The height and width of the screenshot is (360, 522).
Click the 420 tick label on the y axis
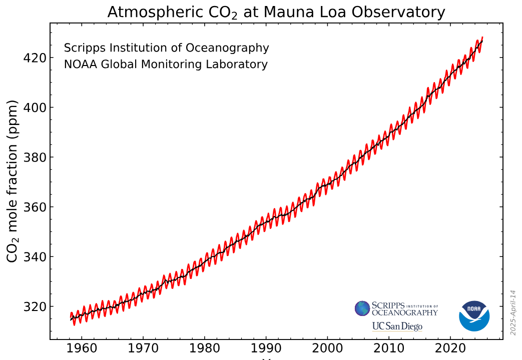click(x=35, y=58)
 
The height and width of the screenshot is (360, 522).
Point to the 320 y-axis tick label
click(x=35, y=306)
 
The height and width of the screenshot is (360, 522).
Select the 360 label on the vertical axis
click(x=35, y=207)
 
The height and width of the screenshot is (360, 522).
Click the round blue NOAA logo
click(x=474, y=316)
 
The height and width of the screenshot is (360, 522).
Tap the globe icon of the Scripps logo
click(x=362, y=308)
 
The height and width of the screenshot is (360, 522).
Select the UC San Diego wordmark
click(x=397, y=326)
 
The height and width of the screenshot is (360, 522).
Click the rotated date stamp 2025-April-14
click(x=513, y=312)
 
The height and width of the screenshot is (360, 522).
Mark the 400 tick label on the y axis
click(x=35, y=107)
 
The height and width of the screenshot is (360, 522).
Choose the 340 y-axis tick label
click(x=35, y=257)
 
